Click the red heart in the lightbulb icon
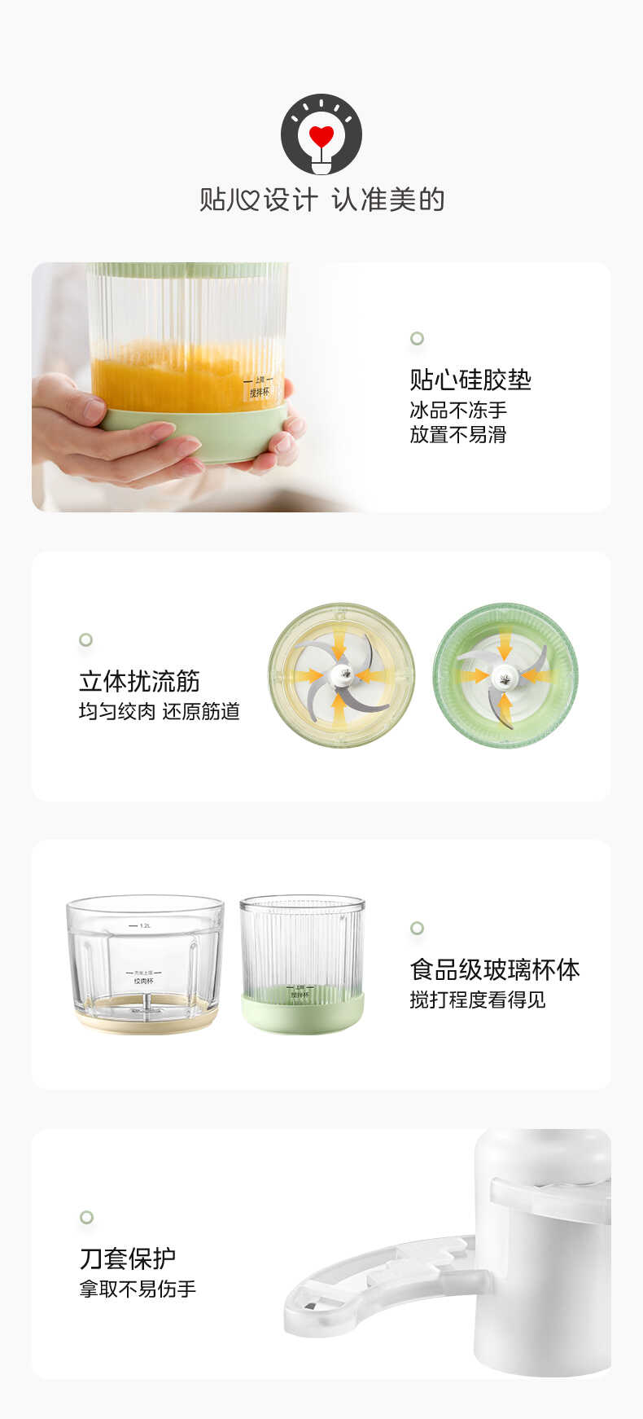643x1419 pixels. [x=321, y=135]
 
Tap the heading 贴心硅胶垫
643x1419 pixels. [x=470, y=380]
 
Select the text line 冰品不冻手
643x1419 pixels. [x=458, y=410]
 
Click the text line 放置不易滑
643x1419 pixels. [x=458, y=434]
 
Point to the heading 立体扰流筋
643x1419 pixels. [x=139, y=681]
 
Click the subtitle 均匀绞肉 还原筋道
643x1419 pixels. [x=160, y=711]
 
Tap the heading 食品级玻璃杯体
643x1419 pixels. [x=494, y=969]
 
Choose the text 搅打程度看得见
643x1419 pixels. [x=478, y=999]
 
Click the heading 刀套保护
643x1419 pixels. [x=128, y=1259]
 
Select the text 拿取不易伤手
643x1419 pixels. [x=138, y=1289]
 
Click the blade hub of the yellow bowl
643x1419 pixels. [x=341, y=674]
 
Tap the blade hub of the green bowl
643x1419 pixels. [x=505, y=674]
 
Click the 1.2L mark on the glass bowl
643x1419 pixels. [x=146, y=925]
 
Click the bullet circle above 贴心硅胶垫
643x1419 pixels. [x=417, y=338]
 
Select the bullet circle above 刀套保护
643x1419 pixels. [x=86, y=1217]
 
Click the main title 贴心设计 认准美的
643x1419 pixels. [x=321, y=200]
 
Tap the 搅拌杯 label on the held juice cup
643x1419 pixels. [x=259, y=392]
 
